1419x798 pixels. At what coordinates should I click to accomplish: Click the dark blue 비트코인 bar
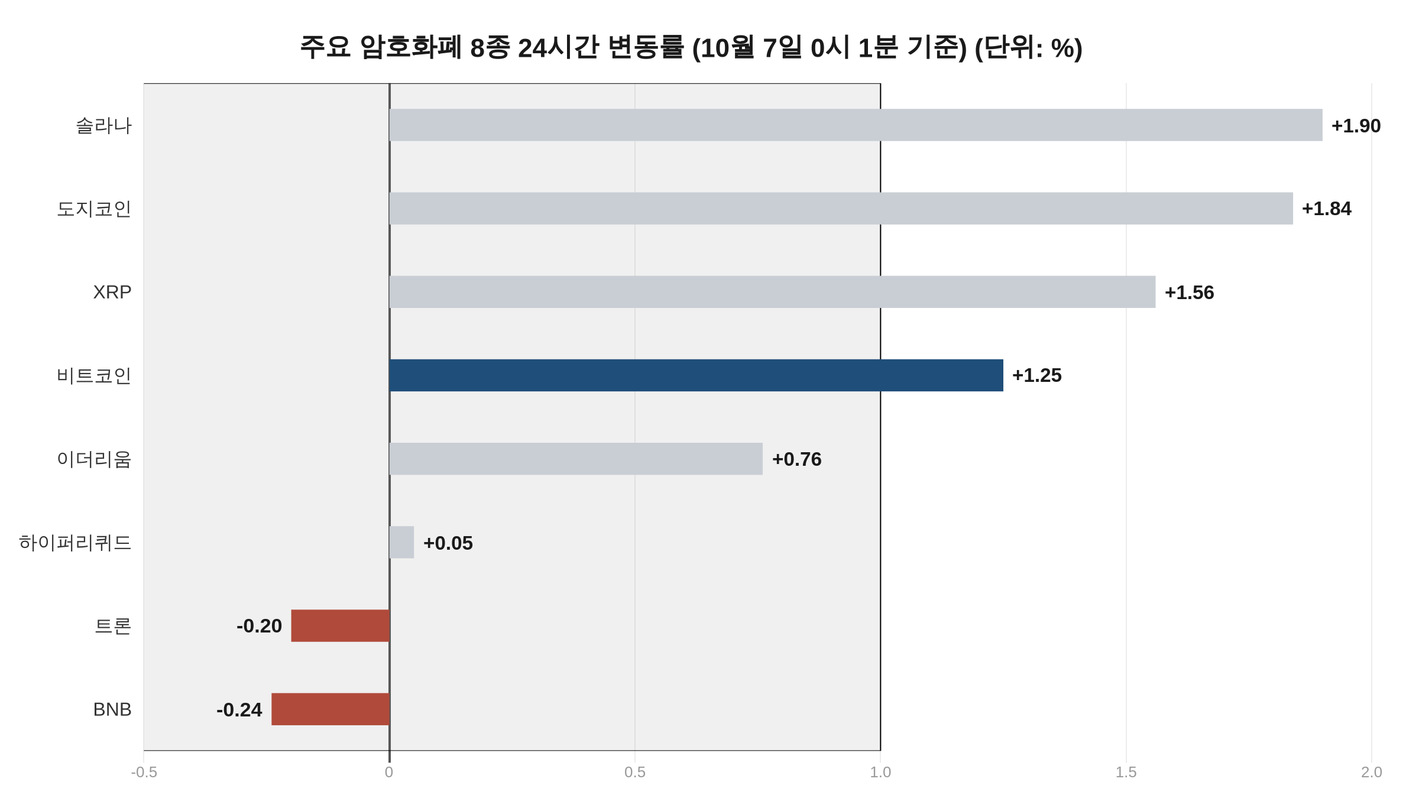click(696, 375)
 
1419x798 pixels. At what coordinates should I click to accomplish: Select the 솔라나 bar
click(856, 125)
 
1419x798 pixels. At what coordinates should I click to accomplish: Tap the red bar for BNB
click(331, 709)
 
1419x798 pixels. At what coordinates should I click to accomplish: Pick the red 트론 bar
click(341, 626)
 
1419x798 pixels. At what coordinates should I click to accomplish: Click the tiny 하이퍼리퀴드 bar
click(401, 542)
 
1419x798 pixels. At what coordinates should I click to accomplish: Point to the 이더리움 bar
click(576, 459)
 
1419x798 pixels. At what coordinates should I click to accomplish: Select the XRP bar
click(772, 292)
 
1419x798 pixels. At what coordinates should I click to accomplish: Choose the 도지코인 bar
click(841, 208)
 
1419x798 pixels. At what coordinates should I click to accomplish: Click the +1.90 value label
click(1356, 126)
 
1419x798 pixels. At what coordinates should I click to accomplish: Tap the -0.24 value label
click(239, 710)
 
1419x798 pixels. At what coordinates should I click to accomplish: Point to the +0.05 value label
click(448, 543)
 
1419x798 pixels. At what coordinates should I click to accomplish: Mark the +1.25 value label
click(1037, 376)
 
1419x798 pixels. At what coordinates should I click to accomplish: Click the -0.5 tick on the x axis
click(144, 772)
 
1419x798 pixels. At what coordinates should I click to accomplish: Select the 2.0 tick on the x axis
click(1372, 772)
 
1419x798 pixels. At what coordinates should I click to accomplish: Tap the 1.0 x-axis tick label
click(880, 772)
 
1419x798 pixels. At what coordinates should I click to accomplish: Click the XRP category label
click(112, 292)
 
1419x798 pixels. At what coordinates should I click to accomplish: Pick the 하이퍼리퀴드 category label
click(75, 543)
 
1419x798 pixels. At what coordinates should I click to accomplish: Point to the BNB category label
click(112, 709)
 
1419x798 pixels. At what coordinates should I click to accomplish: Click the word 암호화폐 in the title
click(410, 47)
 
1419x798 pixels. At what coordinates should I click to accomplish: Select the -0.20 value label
click(259, 627)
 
